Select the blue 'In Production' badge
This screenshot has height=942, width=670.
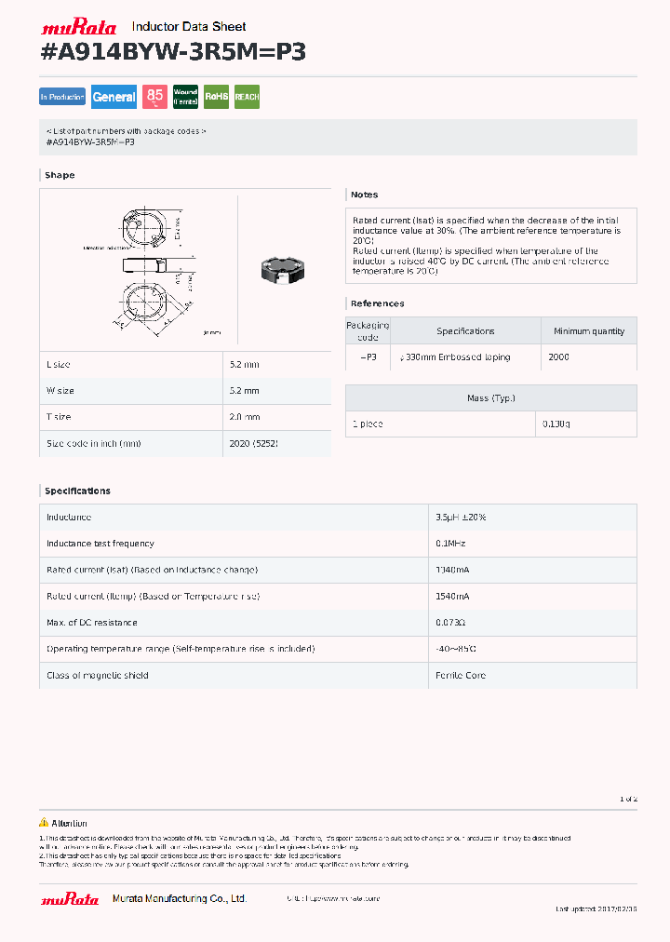click(62, 97)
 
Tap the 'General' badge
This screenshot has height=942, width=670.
click(114, 97)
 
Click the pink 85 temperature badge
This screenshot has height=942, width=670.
click(154, 97)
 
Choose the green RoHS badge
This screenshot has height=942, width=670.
click(216, 97)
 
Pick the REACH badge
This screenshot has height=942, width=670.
click(247, 97)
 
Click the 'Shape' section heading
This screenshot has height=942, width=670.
click(60, 175)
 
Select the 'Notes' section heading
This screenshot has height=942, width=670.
click(364, 195)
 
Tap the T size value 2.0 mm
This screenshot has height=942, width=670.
click(244, 417)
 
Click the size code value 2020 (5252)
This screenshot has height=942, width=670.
click(253, 444)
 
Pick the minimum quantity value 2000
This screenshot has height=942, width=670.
click(558, 357)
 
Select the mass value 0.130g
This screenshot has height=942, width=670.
click(556, 424)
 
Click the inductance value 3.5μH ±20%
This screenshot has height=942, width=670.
click(461, 518)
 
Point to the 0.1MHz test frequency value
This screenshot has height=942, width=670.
click(451, 544)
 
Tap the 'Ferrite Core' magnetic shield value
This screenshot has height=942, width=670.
click(461, 676)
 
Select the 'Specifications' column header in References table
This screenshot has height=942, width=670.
click(465, 331)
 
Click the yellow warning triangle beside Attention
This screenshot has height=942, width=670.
click(44, 823)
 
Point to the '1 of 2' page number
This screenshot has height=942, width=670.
click(628, 800)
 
